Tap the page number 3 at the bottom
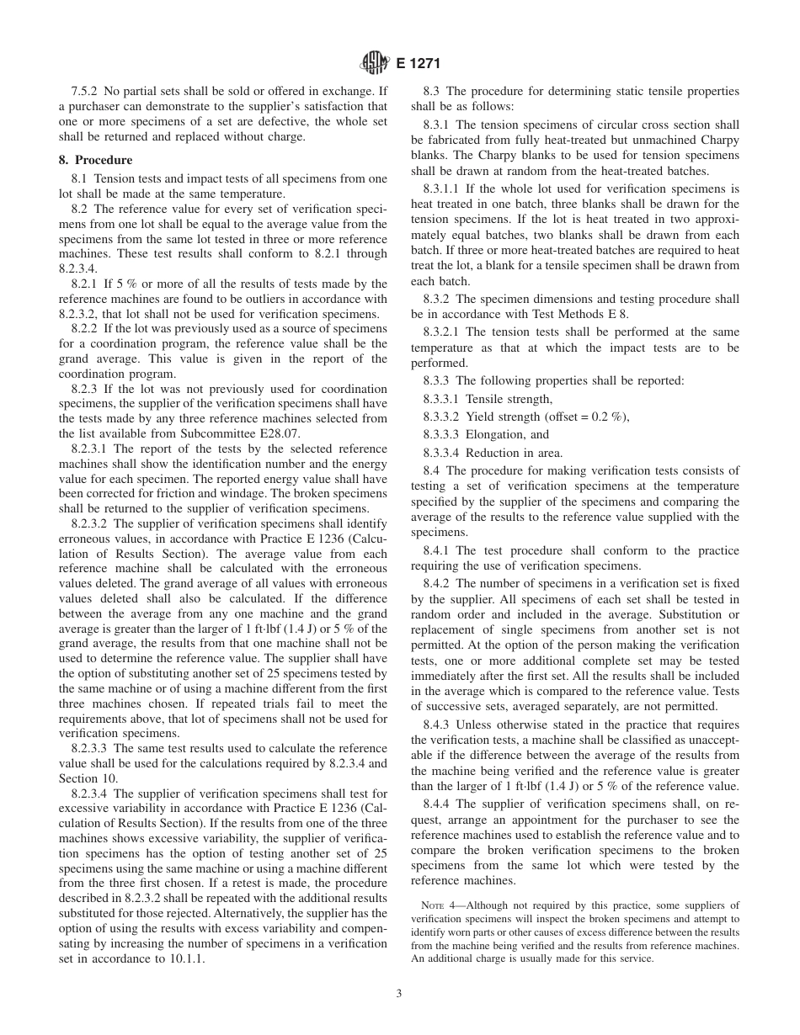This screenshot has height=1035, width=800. pos(399,993)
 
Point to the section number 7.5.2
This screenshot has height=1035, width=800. pos(87,92)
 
